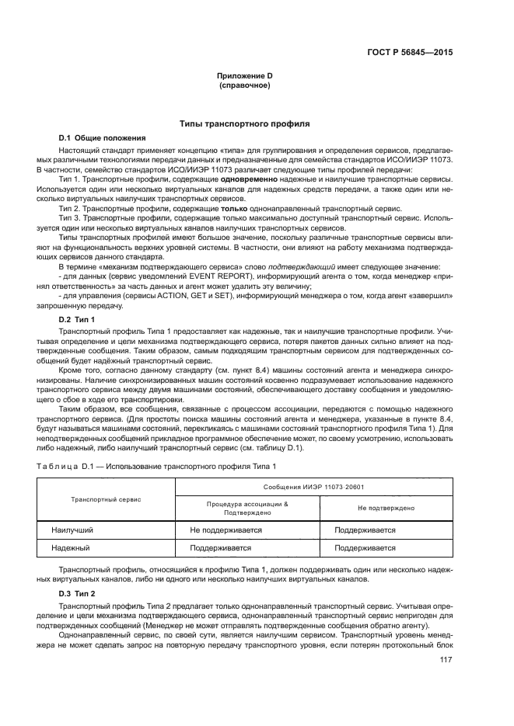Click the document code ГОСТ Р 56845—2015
tap(409, 53)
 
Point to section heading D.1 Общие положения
tap(102, 138)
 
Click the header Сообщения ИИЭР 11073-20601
tap(314, 488)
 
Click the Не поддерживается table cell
tap(225, 530)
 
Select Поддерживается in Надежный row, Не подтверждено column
tap(365, 547)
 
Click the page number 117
tap(446, 661)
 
